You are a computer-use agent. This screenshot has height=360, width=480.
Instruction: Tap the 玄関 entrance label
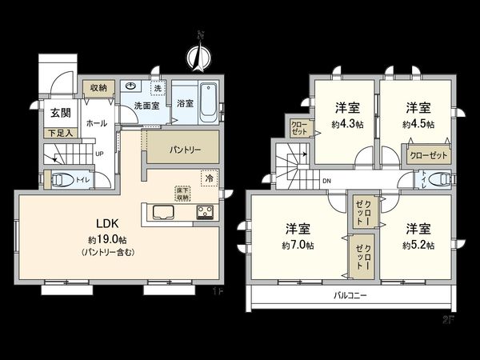(53, 113)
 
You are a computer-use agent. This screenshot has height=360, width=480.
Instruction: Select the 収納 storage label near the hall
(98, 86)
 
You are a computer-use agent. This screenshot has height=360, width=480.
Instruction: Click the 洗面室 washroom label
(146, 104)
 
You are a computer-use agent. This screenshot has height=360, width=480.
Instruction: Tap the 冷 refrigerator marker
(208, 178)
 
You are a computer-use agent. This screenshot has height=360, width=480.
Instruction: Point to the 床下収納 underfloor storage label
(182, 193)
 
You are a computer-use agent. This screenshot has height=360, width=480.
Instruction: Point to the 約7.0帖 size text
(298, 245)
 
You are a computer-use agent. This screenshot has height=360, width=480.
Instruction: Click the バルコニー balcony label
(350, 296)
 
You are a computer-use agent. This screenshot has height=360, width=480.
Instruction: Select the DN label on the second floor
(326, 182)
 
